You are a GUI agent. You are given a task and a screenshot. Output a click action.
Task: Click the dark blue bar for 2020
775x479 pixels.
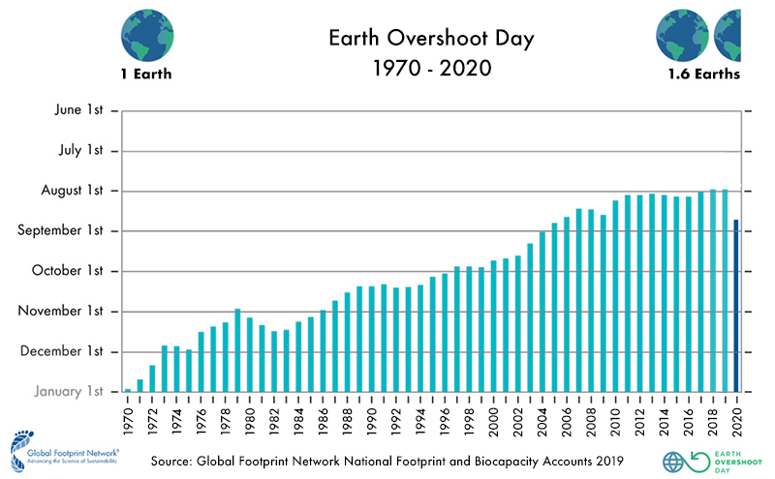tap(736, 306)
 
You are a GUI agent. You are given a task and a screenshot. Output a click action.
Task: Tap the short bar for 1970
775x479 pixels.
tap(128, 390)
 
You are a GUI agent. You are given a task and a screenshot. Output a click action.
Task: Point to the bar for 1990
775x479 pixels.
tap(371, 339)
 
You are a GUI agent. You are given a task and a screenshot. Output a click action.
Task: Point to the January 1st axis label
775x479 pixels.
tap(62, 392)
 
